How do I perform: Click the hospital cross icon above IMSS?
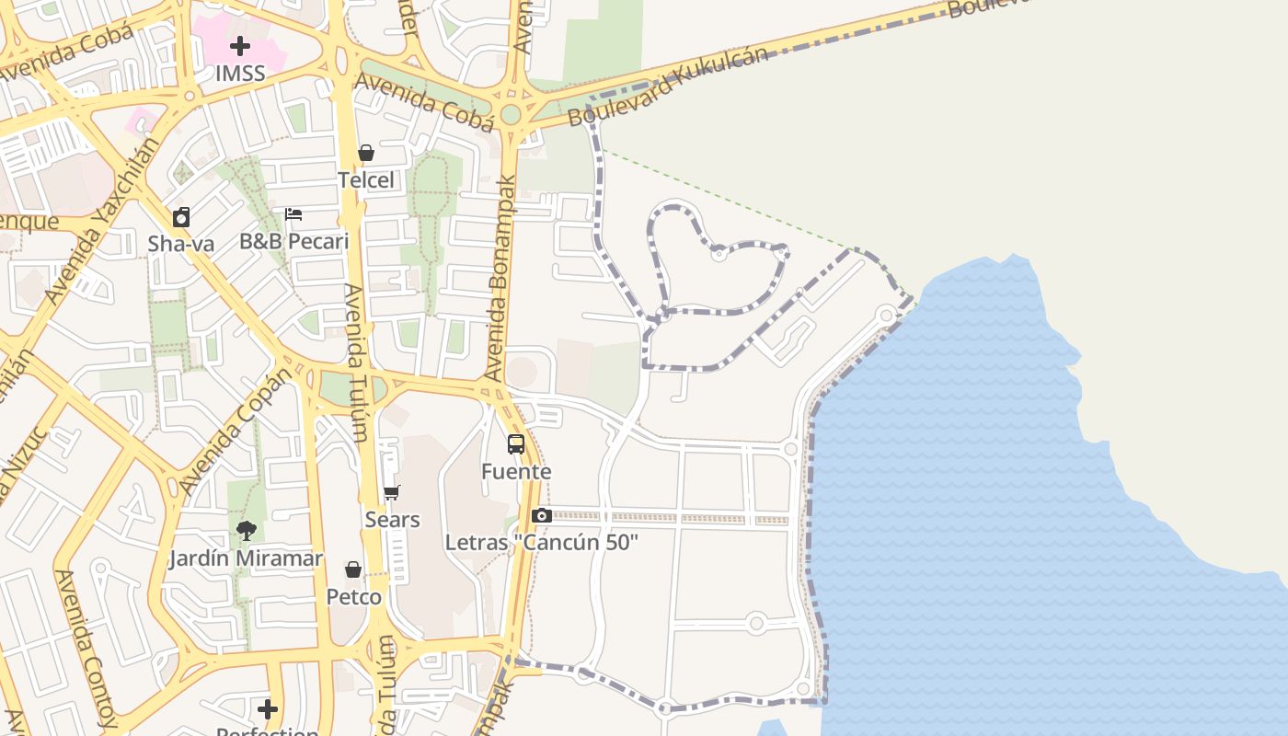point(240,46)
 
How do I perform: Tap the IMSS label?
point(240,73)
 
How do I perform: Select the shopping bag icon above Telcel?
point(366,153)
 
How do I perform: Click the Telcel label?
point(366,179)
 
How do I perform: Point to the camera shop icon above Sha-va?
point(181,218)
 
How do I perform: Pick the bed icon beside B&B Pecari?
point(293,214)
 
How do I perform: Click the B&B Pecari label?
point(293,241)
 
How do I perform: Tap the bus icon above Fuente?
point(516,444)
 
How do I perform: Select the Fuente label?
point(516,471)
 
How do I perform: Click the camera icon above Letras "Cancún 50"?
point(542,515)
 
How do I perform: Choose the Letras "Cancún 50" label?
point(542,542)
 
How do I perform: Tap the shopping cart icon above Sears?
point(392,493)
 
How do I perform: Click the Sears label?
point(392,520)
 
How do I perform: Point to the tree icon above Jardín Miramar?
point(246,531)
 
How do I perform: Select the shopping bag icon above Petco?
point(353,570)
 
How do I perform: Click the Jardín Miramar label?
point(246,558)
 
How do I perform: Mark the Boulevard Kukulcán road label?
point(668,86)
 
